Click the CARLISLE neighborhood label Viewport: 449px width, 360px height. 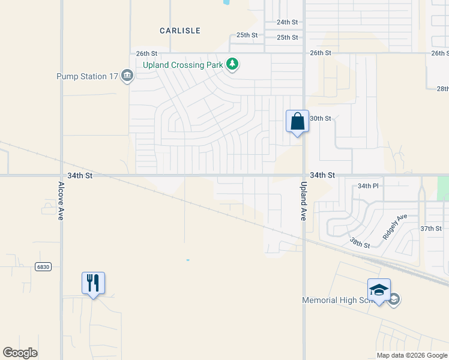(x=180, y=30)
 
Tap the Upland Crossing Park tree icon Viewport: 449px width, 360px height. (x=232, y=64)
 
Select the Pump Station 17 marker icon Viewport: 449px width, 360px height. (x=127, y=76)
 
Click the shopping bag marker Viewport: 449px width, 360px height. (x=297, y=121)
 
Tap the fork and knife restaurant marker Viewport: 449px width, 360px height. (x=93, y=283)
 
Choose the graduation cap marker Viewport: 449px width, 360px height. (x=379, y=290)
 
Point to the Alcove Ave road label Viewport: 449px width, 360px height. (x=61, y=201)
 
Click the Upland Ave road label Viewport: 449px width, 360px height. (x=303, y=201)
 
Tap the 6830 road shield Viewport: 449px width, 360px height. (x=43, y=267)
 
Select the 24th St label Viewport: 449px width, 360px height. (x=287, y=22)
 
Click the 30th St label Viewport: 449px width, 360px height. (x=320, y=118)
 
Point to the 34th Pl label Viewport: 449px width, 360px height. (x=368, y=186)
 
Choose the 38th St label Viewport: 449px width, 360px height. (x=360, y=243)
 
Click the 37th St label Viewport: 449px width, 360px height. (x=430, y=229)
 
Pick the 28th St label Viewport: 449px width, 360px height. (x=442, y=89)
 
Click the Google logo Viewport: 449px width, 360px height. (x=20, y=352)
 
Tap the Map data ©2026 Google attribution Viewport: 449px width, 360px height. (x=412, y=355)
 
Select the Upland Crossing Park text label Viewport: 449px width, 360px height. (x=182, y=64)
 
